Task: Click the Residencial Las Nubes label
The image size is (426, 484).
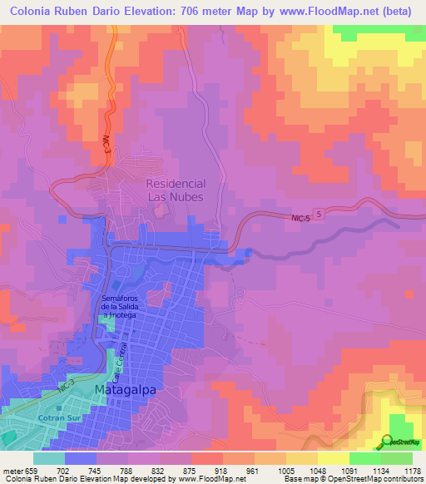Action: [x=176, y=190]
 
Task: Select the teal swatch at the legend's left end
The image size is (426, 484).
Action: [x=49, y=458]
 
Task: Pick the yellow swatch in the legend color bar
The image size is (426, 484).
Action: [x=333, y=458]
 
